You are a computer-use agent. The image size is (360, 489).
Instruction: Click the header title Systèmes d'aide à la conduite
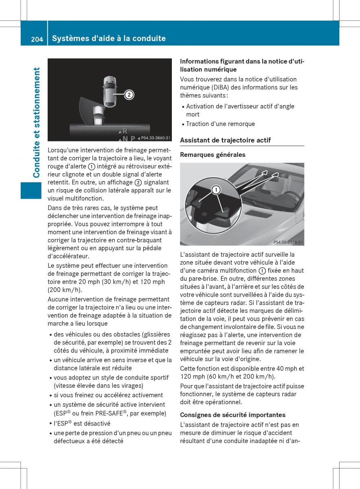coord(109,38)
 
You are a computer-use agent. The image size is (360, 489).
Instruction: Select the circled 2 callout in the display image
coord(128,95)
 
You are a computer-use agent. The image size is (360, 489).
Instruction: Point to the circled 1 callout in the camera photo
coord(216,190)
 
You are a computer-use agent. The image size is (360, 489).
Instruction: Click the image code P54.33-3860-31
coord(156,138)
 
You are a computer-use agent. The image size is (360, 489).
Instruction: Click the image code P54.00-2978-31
coord(288,242)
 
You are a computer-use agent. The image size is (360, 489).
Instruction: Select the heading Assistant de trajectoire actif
coord(225,140)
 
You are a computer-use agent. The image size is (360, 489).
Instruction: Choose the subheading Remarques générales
coord(213,155)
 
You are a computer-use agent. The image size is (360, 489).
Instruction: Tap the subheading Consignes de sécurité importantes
coord(233,415)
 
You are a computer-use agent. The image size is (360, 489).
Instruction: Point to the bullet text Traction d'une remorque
coord(220,124)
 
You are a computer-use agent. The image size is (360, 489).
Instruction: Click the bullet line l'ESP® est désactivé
coord(82,423)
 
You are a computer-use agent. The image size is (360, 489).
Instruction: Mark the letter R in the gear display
coord(125,131)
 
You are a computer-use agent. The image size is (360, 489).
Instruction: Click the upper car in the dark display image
coord(109,90)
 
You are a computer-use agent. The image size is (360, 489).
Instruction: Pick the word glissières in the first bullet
coord(155,334)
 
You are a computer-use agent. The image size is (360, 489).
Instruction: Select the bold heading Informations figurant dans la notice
coord(242,65)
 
